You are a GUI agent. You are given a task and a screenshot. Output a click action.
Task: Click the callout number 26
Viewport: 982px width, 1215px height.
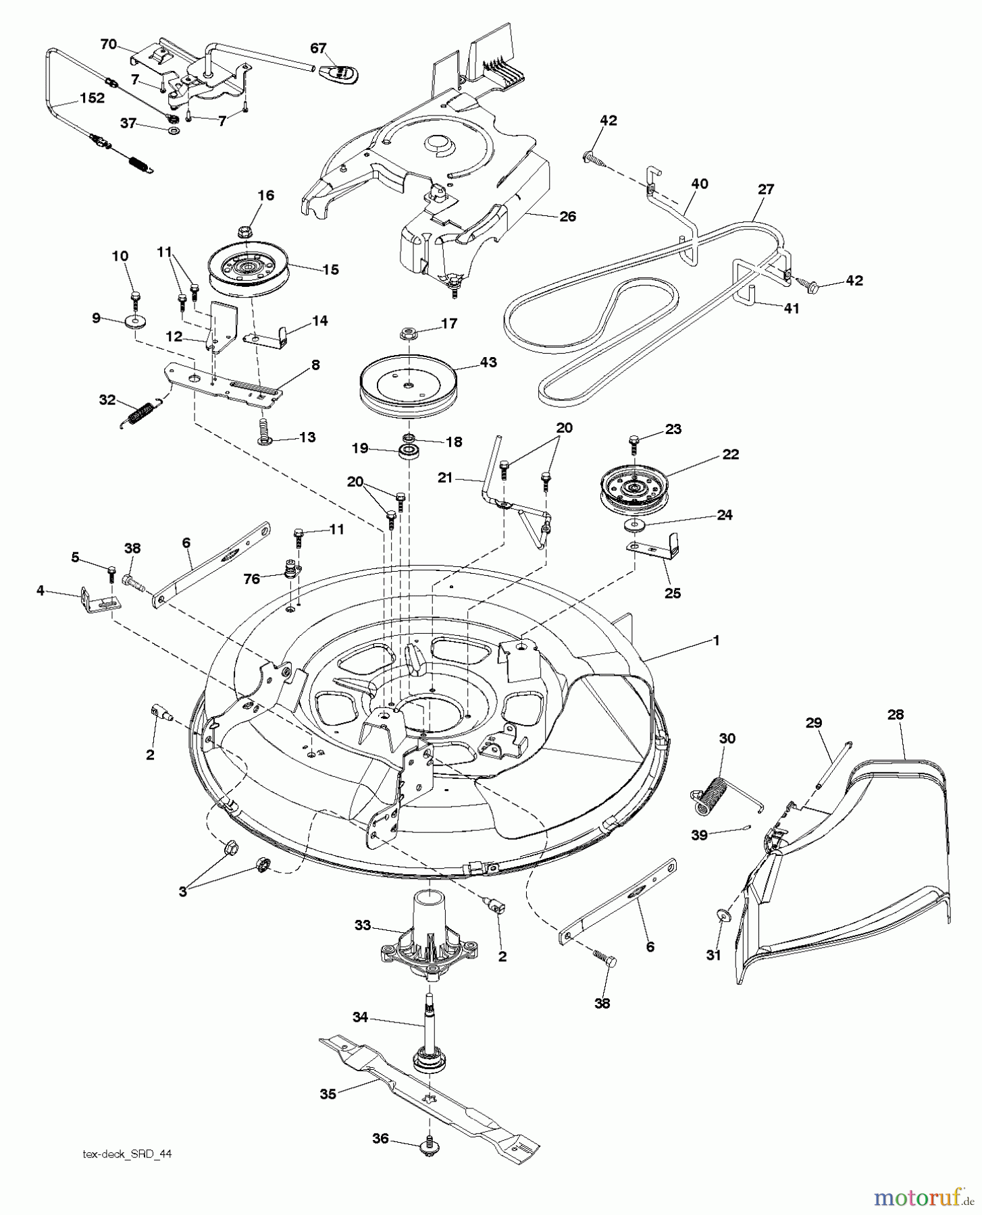coord(568,217)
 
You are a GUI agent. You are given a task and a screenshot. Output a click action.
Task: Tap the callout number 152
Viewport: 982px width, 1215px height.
coord(92,98)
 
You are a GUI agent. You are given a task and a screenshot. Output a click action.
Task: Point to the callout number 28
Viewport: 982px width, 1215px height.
coord(896,715)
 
